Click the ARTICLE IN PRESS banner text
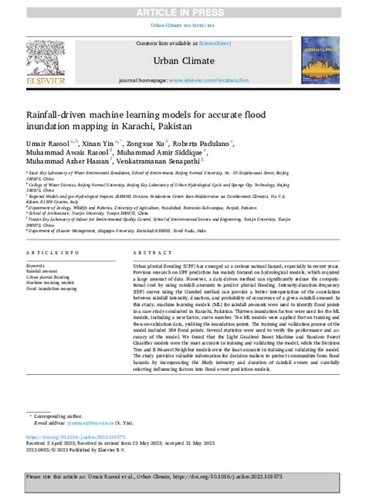pyautogui.click(x=182, y=12)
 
